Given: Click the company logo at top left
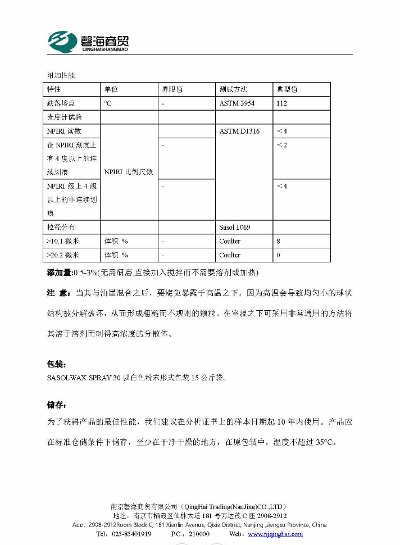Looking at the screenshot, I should [x=88, y=40].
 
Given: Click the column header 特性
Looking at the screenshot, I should [x=54, y=89].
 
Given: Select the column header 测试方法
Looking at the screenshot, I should [x=233, y=89].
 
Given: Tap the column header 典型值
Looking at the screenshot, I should [x=287, y=89].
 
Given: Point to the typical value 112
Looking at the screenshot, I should [x=281, y=103].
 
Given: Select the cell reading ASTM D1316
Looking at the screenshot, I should [x=239, y=131].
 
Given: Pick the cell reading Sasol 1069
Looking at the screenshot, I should [x=235, y=228].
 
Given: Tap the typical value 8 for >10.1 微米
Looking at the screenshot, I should [x=278, y=241].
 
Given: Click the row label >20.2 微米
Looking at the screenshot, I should [x=63, y=255].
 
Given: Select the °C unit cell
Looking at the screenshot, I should [x=108, y=103].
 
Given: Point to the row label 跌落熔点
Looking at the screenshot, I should [x=61, y=103].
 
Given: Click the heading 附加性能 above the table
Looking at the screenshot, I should [x=61, y=75].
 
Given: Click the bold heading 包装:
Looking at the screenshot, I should [x=57, y=364].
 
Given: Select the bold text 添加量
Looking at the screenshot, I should [x=58, y=272].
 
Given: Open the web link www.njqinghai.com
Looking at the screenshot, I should [x=275, y=534].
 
